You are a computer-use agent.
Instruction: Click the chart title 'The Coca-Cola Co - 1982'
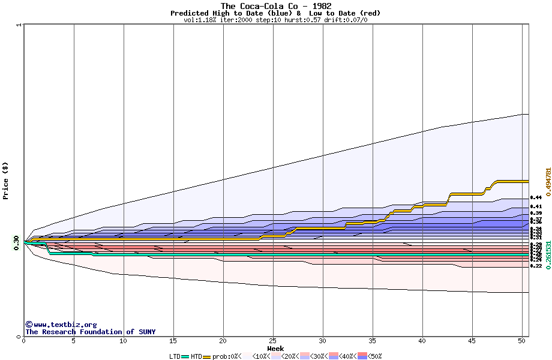point(275,6)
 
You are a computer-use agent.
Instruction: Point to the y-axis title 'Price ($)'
point(6,180)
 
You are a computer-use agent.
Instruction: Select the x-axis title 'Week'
point(275,349)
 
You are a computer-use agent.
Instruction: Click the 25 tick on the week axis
point(273,341)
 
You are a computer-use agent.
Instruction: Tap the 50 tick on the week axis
point(522,341)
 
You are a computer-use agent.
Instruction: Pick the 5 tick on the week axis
point(74,341)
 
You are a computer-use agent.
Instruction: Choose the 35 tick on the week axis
point(373,341)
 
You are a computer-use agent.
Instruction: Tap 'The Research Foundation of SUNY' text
point(90,332)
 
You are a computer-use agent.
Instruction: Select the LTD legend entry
point(176,356)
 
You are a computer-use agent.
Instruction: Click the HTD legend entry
point(197,356)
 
